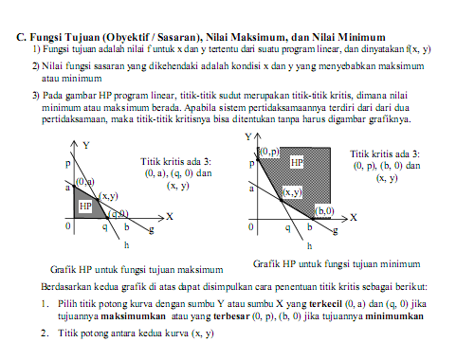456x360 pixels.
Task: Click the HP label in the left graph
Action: point(85,206)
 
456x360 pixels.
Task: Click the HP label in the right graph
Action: point(297,164)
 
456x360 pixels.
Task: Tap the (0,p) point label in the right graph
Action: point(269,152)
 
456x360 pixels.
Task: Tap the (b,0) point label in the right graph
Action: point(324,210)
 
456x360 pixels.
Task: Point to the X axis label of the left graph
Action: point(169,217)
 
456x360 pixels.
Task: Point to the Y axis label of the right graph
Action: point(250,137)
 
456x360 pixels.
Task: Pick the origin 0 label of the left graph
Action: point(67,227)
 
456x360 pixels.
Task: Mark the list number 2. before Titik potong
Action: point(44,333)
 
